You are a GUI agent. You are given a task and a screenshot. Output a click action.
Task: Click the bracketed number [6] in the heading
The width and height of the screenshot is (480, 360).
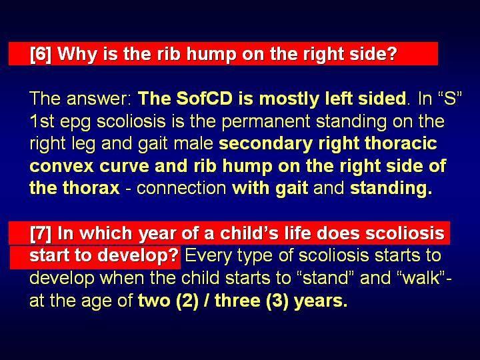tap(41, 54)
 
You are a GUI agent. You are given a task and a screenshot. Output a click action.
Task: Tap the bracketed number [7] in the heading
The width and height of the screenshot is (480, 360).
tap(41, 233)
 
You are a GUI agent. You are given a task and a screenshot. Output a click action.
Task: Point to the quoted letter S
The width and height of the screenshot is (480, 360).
tap(450, 99)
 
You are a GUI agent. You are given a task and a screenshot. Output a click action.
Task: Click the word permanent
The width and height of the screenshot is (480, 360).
tap(265, 122)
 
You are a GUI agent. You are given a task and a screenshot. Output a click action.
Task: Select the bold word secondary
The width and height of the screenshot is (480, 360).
tap(265, 144)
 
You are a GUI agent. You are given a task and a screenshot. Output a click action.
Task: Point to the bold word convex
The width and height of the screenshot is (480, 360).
tap(61, 167)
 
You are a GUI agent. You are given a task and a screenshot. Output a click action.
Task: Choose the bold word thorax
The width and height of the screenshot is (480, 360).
tap(91, 188)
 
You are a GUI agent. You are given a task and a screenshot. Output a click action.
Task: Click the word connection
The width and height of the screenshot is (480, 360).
tap(181, 188)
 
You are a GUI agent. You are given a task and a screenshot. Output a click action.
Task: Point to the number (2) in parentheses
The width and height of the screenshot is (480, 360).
tap(187, 301)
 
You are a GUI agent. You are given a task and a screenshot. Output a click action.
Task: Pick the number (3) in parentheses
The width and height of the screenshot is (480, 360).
tap(277, 301)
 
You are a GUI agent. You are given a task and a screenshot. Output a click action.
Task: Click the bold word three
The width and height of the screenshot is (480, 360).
tap(237, 301)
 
